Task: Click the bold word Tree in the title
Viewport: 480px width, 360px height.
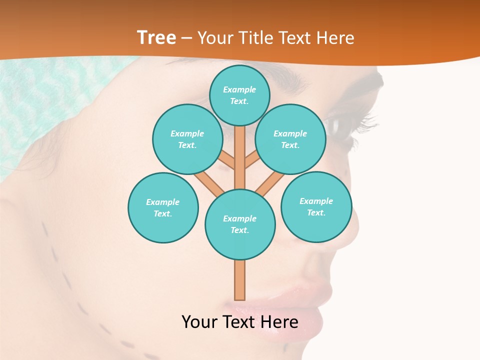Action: point(156,38)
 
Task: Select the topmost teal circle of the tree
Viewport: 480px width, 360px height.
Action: point(239,95)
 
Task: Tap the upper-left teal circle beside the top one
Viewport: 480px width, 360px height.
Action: point(187,139)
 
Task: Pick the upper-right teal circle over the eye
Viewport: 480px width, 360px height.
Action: point(290,139)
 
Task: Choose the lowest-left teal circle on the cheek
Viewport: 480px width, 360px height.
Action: point(163,207)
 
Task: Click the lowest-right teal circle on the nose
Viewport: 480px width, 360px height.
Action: point(316,206)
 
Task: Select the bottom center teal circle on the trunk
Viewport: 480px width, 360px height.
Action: point(240,224)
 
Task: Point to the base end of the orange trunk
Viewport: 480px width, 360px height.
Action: point(240,298)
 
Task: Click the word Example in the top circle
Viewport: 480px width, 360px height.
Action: point(239,89)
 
